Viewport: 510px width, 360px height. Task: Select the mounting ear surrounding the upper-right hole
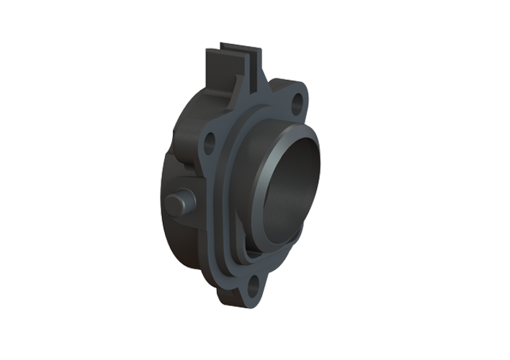303,97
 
